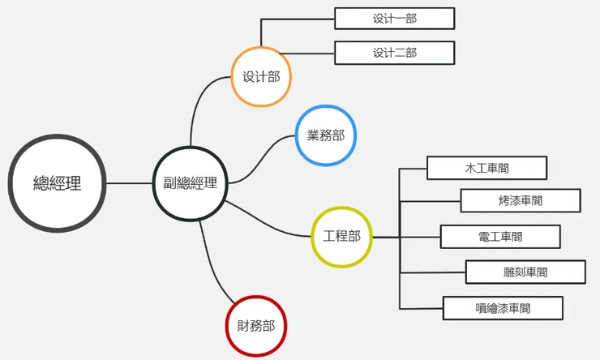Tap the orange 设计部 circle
(x=261, y=77)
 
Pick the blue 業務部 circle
(x=326, y=135)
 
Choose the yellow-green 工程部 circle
(x=341, y=237)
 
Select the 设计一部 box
(x=394, y=18)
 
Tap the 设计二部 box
(x=394, y=53)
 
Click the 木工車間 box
(x=486, y=168)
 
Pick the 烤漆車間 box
(x=521, y=200)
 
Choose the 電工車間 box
(x=500, y=237)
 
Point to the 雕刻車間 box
(x=525, y=272)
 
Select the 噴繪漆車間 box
(x=503, y=308)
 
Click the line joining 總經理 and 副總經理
(x=130, y=183)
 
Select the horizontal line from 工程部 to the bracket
(x=385, y=237)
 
